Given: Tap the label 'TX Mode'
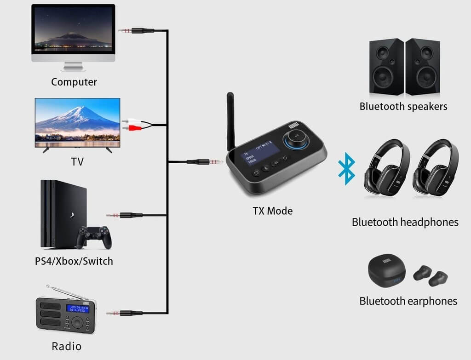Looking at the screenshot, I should coord(272,211).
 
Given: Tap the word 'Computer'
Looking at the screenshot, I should coord(74,82).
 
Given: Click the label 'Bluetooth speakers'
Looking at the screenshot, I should coord(403,107).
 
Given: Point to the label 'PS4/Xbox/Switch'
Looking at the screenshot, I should coord(74,261).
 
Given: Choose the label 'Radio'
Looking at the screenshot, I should coord(67,346).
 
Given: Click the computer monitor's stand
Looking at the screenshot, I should coord(73,66).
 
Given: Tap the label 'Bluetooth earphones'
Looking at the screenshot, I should coord(408,301).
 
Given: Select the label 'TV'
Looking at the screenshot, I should coord(77,162).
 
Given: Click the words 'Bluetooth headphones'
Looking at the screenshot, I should coord(405,222).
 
